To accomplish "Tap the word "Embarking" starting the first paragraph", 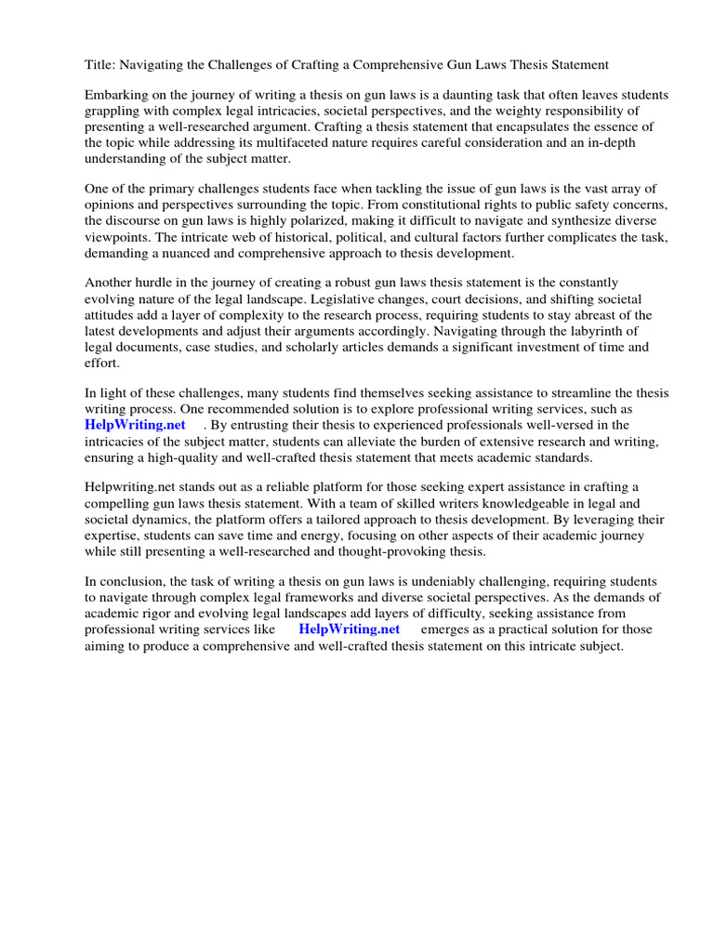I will [x=116, y=96].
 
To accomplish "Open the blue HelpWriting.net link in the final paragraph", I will [x=349, y=629].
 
